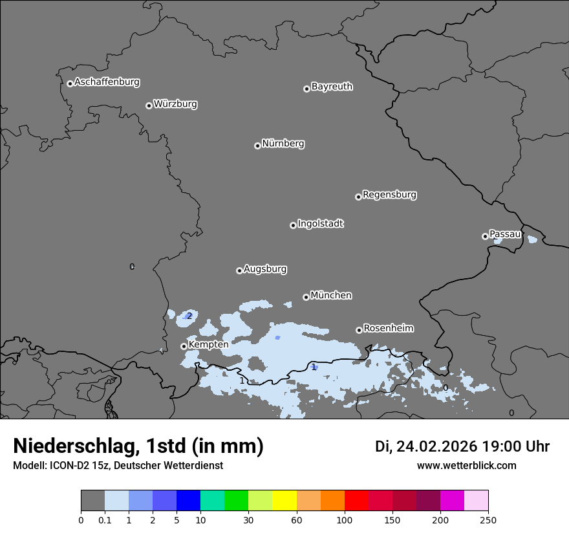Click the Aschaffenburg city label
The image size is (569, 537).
[x=107, y=82]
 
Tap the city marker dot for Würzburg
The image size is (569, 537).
[x=149, y=105]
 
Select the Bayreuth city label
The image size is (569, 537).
[x=332, y=87]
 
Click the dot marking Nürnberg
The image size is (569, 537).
[x=257, y=146]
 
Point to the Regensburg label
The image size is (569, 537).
[x=389, y=195]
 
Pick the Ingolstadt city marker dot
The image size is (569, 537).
[x=293, y=225]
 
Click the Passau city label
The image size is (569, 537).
[x=505, y=234]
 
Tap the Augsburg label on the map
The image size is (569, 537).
[x=265, y=269]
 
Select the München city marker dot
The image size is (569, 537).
[x=306, y=297]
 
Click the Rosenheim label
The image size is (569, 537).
[x=388, y=329]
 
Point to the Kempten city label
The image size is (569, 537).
[x=208, y=345]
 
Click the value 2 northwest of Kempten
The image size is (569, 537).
[x=189, y=316]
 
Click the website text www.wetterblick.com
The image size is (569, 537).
[x=466, y=466]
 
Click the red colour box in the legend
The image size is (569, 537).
[x=356, y=501]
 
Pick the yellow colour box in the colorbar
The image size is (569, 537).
[x=284, y=501]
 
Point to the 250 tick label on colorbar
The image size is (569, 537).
[x=488, y=520]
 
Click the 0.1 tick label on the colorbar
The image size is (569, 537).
[x=105, y=520]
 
